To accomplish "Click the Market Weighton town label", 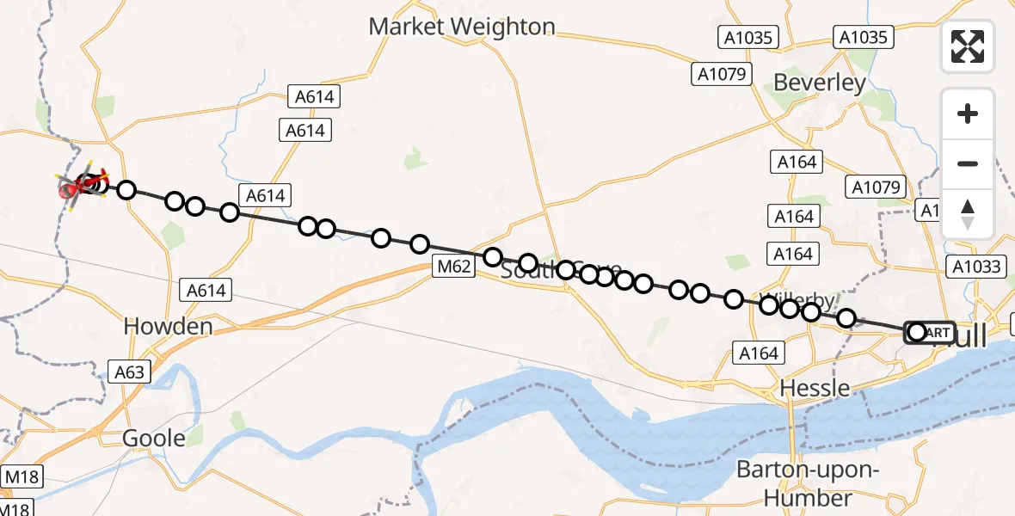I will coord(462,27).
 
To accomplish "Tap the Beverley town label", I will coord(820,83).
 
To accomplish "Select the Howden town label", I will coord(168,326).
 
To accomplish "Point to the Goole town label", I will coord(154,438).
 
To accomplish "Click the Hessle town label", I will coord(815,388).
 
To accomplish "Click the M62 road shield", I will coord(453,267).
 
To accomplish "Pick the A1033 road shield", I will coord(976,267).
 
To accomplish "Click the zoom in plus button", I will coord(968,114).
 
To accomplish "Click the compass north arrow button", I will coord(968,214).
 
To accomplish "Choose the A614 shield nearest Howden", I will coord(206,290).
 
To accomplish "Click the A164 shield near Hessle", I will coord(758,353).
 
